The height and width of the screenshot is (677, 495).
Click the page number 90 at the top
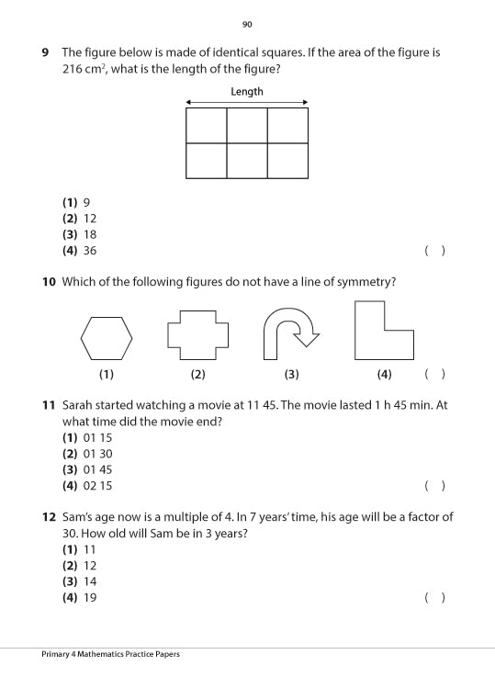click(x=247, y=25)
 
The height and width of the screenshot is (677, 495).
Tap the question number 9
click(x=46, y=52)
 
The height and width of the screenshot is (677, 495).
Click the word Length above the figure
click(x=246, y=92)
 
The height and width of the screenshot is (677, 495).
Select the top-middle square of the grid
click(x=247, y=125)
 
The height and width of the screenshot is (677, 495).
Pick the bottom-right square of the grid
click(x=287, y=161)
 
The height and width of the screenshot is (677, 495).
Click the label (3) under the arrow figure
click(x=292, y=374)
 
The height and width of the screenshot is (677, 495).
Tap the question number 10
click(x=49, y=282)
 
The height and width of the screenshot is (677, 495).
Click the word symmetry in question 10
click(x=363, y=282)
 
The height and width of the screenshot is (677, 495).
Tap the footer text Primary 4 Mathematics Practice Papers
click(x=110, y=654)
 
